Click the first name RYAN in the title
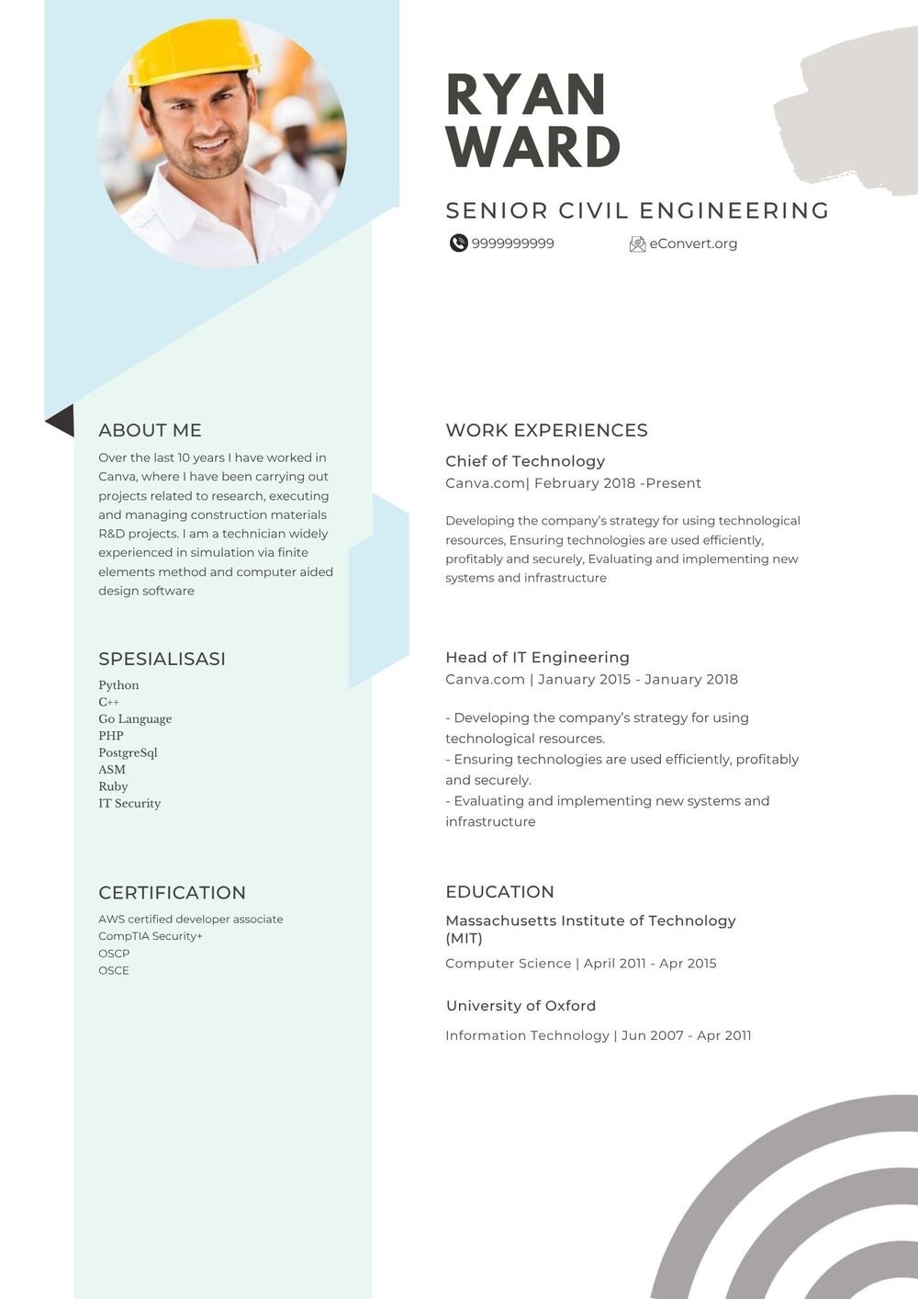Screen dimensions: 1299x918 [x=525, y=95]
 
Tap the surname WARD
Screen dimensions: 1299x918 [x=533, y=147]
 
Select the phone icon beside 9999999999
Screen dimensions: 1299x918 [x=458, y=243]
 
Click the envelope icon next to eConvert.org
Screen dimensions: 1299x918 [x=637, y=244]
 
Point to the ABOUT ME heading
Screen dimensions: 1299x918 [x=150, y=430]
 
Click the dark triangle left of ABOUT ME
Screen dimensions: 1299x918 [x=61, y=420]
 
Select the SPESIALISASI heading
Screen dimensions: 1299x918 [x=162, y=659]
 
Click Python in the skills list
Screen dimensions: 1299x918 [x=118, y=685]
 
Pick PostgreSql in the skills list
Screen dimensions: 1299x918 [x=128, y=752]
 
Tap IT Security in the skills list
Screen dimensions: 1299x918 [x=129, y=803]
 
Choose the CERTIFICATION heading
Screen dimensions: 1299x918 [x=172, y=893]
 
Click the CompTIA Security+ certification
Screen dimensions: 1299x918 [x=151, y=936]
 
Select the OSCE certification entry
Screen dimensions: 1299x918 [x=114, y=970]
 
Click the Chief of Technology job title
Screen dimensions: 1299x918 [x=525, y=461]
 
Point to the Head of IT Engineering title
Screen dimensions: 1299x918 [x=537, y=657]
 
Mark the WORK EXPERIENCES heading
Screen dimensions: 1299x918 [x=546, y=430]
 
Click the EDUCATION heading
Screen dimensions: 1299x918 [x=499, y=892]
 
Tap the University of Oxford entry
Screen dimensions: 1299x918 [x=521, y=1006]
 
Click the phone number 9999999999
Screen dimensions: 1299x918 [x=512, y=243]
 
